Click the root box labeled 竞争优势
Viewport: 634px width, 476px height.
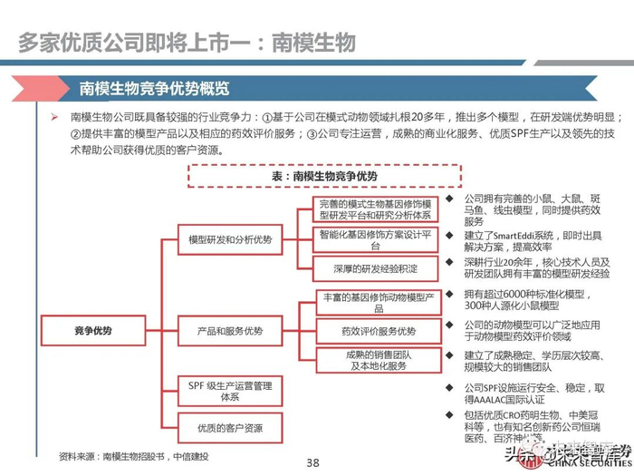tap(93, 332)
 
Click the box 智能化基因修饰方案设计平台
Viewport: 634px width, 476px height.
tap(376, 239)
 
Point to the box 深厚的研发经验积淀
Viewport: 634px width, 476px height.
tap(376, 269)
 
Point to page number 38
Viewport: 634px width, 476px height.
tap(313, 462)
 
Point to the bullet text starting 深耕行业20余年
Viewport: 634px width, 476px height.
tap(534, 267)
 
